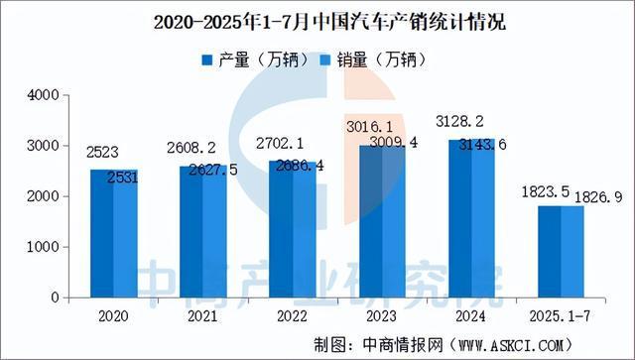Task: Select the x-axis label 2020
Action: click(112, 315)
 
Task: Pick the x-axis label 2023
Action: click(381, 315)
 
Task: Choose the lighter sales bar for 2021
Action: click(214, 233)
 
